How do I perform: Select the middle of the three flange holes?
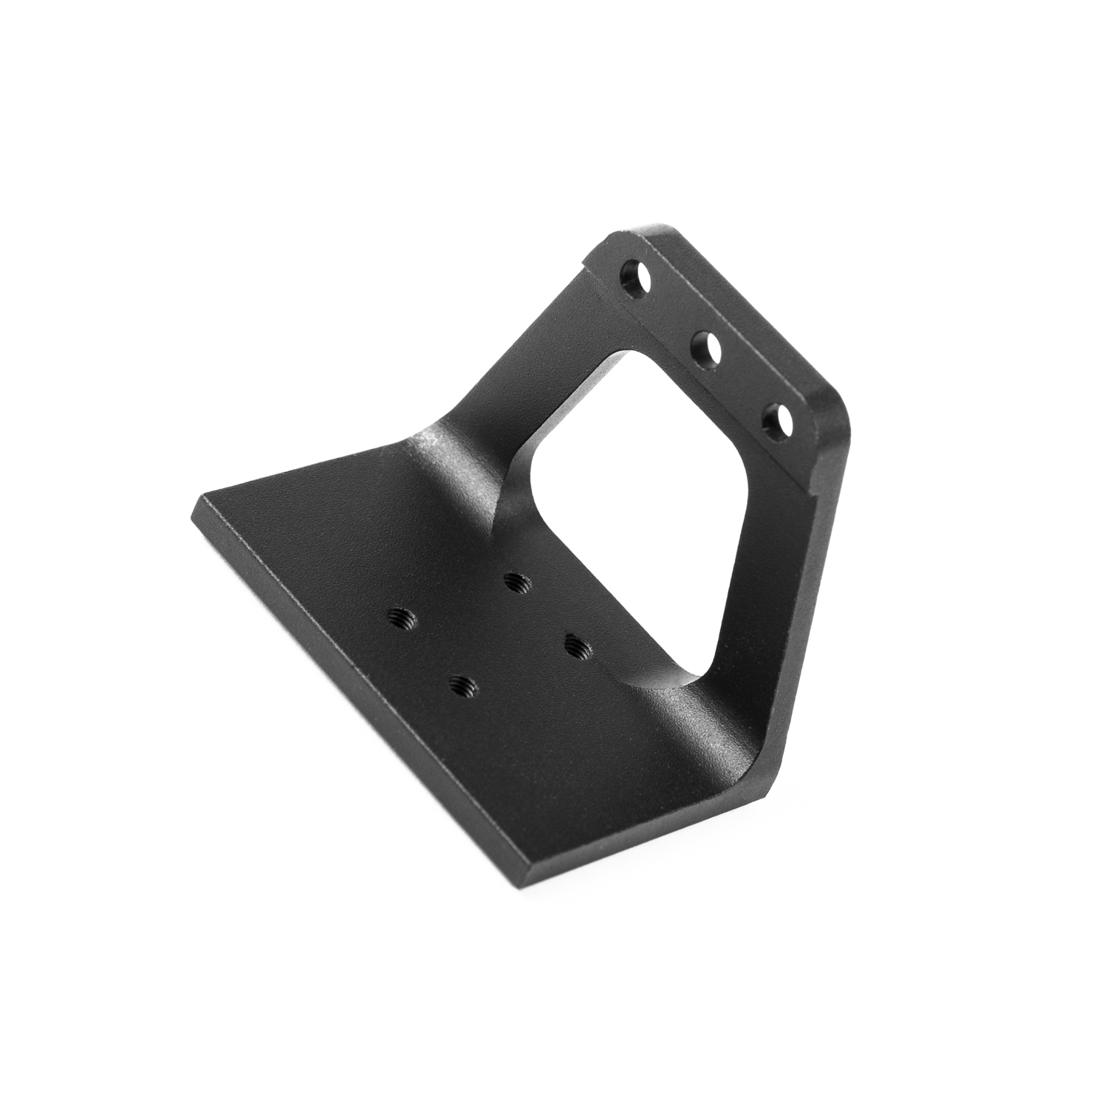click(705, 346)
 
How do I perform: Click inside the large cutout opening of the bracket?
click(635, 510)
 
